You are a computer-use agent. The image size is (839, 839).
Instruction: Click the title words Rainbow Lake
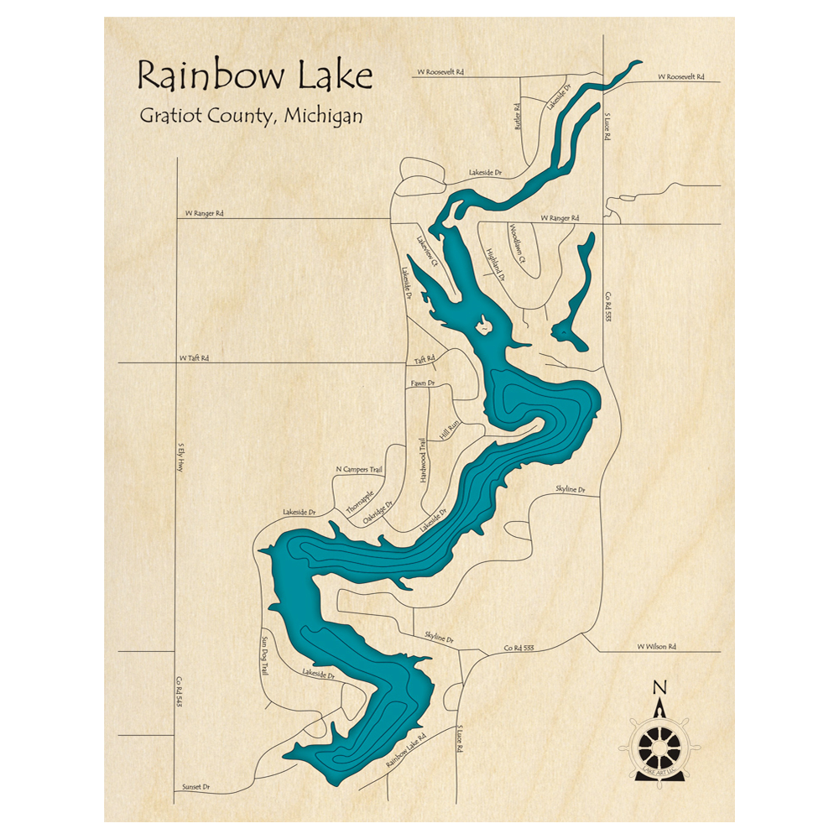(x=254, y=76)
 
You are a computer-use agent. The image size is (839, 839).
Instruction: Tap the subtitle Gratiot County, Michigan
(x=251, y=117)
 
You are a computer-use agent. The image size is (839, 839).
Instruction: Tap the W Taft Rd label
(x=194, y=358)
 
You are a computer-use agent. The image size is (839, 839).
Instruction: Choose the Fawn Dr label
(x=423, y=383)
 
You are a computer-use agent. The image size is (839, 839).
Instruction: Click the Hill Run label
(x=450, y=431)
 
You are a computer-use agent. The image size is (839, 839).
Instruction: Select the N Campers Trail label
(x=358, y=470)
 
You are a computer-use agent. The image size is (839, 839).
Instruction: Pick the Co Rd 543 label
(x=179, y=692)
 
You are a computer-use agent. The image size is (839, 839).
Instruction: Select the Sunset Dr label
(x=195, y=788)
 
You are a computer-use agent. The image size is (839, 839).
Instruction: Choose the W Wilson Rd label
(x=656, y=647)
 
